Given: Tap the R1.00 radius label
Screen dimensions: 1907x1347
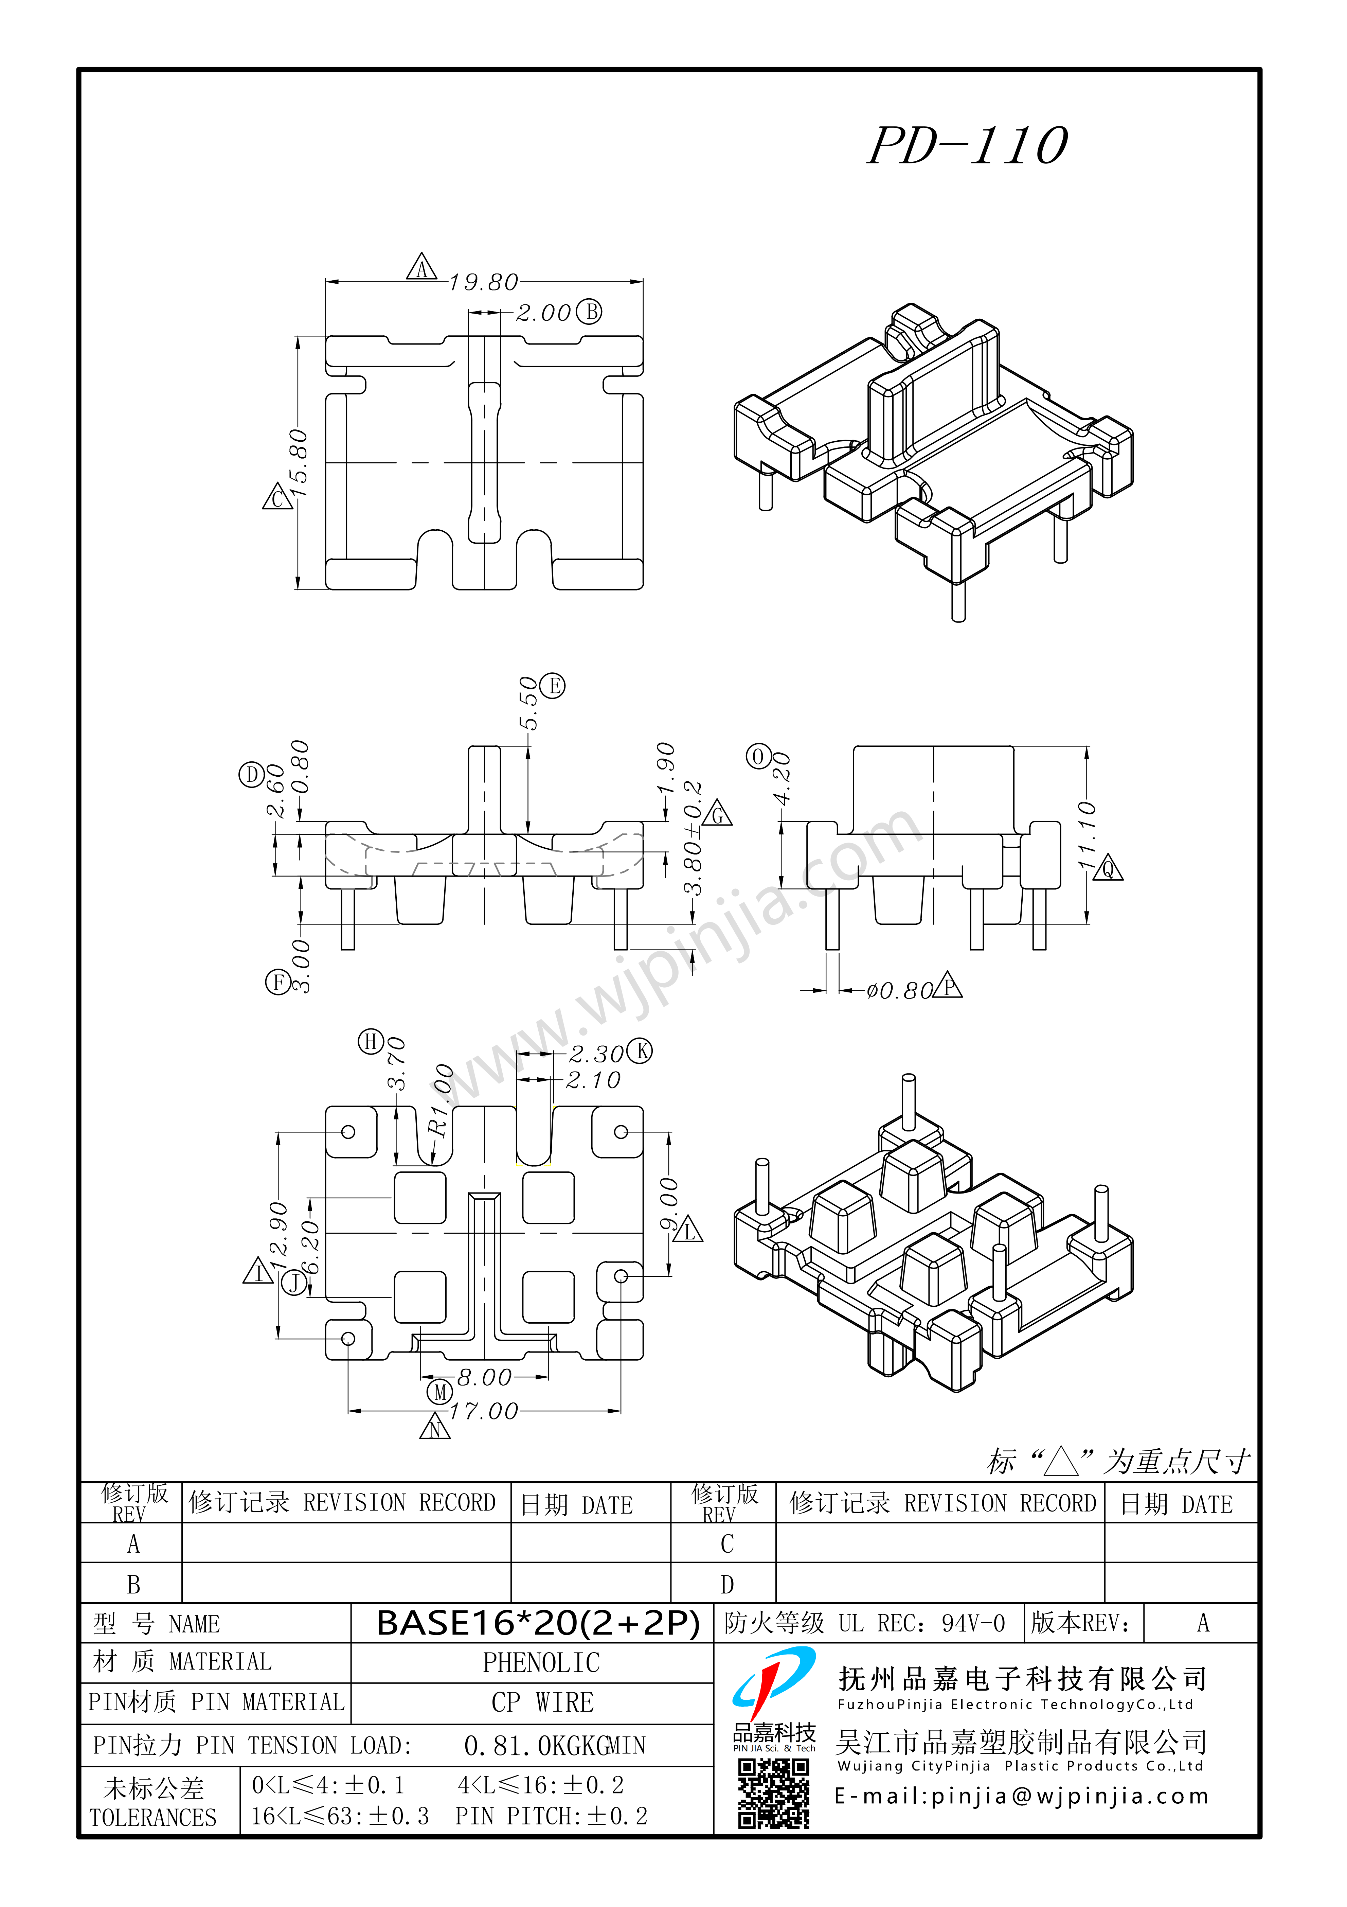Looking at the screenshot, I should coord(440,1100).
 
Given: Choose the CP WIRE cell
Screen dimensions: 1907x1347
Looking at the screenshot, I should coord(542,1703).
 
